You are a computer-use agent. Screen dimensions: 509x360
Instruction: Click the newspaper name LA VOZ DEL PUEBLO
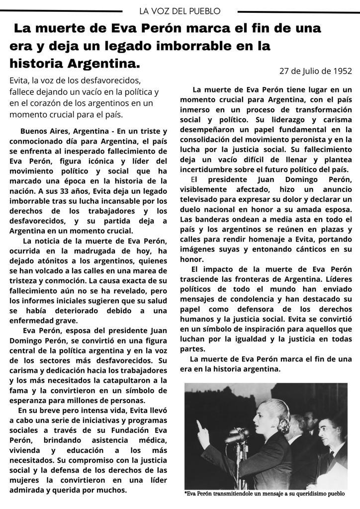point(180,10)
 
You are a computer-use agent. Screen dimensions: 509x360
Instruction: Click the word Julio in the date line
point(314,71)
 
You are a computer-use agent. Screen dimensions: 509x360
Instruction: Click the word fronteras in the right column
point(250,279)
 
